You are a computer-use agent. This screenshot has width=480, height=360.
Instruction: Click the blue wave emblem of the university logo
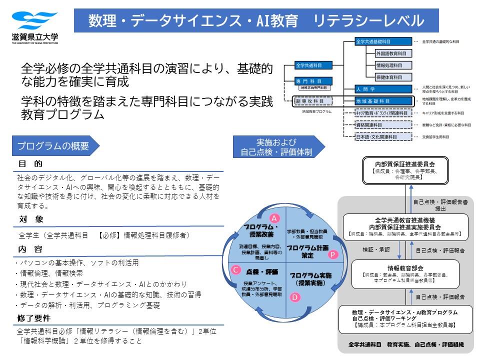click(x=31, y=21)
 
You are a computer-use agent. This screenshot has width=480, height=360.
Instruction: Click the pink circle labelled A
click(x=274, y=218)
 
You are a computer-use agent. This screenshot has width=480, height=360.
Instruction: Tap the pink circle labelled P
click(x=333, y=254)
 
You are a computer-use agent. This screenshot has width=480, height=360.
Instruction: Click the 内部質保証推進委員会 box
click(x=404, y=170)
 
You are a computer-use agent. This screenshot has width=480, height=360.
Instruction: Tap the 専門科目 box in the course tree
click(x=307, y=80)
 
